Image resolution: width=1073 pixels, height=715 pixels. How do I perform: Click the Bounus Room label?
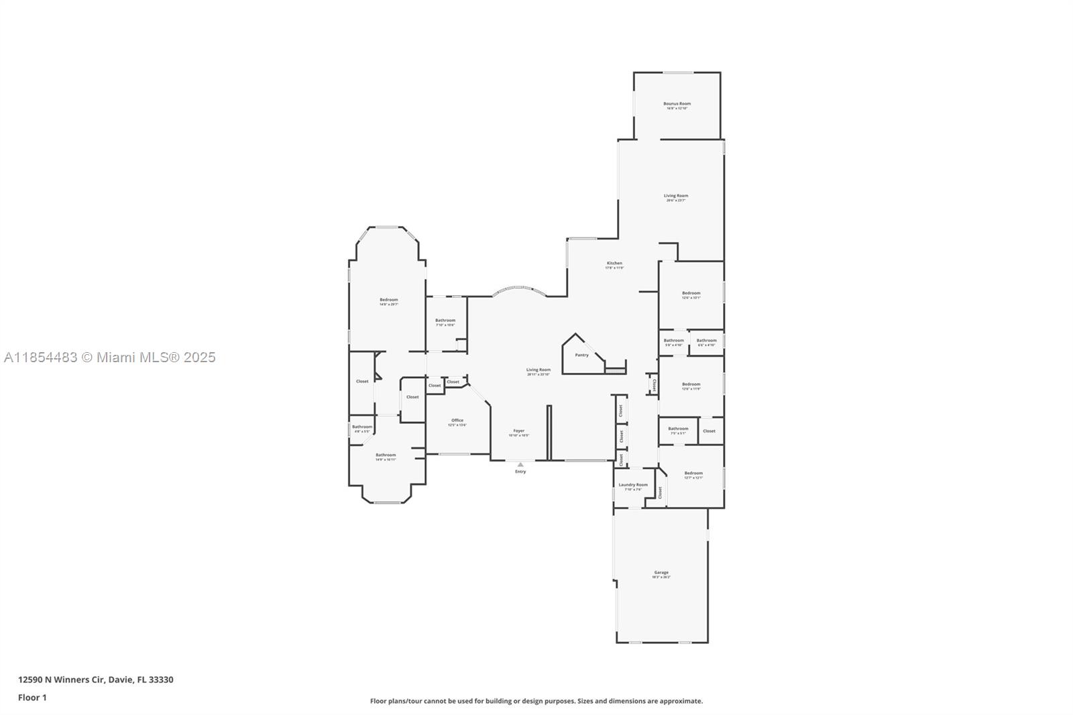[x=677, y=104]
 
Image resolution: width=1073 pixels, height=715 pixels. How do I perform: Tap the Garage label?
[x=661, y=573]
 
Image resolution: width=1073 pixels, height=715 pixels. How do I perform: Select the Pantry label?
[x=581, y=355]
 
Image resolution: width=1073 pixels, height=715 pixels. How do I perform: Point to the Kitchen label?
[x=614, y=264]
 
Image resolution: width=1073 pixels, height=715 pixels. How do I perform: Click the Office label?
[x=457, y=421]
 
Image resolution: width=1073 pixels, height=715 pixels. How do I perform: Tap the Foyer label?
[x=518, y=431]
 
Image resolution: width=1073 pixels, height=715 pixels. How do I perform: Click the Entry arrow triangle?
[x=520, y=464]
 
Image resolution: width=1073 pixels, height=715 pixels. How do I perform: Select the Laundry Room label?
[x=633, y=485]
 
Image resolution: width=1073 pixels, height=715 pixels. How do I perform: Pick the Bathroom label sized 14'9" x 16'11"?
[x=386, y=455]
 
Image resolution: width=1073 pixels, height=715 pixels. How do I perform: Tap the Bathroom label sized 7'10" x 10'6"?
[x=445, y=321]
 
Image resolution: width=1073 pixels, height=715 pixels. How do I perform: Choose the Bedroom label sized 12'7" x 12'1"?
[x=693, y=474]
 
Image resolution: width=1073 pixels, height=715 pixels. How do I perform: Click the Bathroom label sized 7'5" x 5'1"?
[x=678, y=429]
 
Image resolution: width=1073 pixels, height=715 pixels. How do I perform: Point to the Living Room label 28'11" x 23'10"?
[x=538, y=370]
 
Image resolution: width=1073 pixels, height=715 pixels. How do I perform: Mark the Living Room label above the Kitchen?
[x=676, y=197]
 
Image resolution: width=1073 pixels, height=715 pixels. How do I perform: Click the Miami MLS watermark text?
[x=109, y=357]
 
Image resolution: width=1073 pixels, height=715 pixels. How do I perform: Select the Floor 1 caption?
[x=32, y=698]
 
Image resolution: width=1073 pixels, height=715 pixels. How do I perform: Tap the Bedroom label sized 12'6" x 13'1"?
[x=691, y=293]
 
